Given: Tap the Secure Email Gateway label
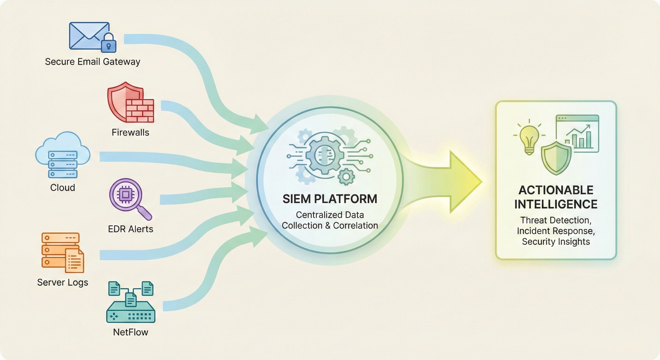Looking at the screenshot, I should point(93,62).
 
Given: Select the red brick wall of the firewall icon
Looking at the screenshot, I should point(140,110).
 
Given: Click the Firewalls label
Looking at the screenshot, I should point(130,132).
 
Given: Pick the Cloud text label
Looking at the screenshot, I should point(63,187).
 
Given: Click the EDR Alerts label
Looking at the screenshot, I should point(130,229).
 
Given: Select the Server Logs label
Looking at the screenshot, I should point(63,282).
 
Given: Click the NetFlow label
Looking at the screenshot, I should point(130,332).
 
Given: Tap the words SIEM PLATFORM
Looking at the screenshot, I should point(330,199).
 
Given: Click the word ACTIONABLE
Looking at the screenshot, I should point(556,190).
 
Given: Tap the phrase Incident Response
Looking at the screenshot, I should point(556,231).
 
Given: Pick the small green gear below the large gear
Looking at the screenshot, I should point(346,176).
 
